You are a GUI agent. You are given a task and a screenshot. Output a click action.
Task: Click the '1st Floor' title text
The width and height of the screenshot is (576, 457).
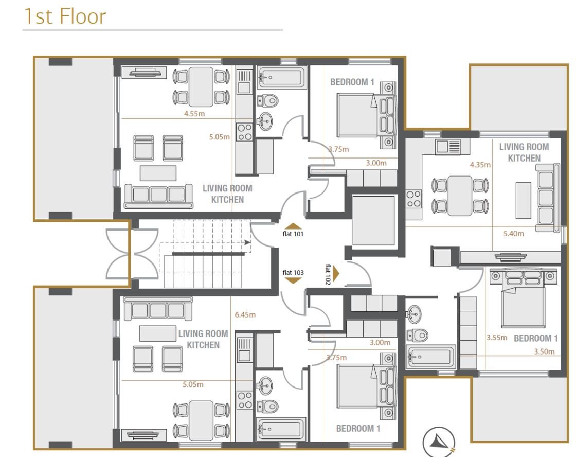65,16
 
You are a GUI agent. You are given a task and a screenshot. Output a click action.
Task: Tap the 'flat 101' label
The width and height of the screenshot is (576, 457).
293,234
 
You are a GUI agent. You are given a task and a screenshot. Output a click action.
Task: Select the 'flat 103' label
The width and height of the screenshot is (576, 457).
293,272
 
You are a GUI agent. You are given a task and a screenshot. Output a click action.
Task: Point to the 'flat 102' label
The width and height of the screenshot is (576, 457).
328,274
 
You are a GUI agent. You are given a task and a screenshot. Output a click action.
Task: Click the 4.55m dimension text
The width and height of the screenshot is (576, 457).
194,114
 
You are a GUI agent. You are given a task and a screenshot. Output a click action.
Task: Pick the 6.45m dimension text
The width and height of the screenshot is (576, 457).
245,315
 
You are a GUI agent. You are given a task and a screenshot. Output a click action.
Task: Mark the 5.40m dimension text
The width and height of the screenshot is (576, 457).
514,234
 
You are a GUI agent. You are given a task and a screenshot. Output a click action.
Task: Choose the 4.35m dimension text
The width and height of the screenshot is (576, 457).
480,165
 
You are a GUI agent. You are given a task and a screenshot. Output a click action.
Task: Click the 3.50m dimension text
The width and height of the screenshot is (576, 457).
544,351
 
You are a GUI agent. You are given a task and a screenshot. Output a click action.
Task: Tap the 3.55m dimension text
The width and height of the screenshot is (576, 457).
497,338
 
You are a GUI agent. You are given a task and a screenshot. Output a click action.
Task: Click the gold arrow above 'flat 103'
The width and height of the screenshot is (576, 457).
293,281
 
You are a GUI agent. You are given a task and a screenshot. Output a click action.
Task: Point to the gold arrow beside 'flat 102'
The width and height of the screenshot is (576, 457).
336,274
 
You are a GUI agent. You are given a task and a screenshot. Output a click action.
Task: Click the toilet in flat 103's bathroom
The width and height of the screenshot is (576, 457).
267,406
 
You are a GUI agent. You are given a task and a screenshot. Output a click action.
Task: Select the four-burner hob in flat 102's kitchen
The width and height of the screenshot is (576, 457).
413,199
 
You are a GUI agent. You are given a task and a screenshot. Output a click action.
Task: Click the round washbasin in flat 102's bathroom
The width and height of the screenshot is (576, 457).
414,314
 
